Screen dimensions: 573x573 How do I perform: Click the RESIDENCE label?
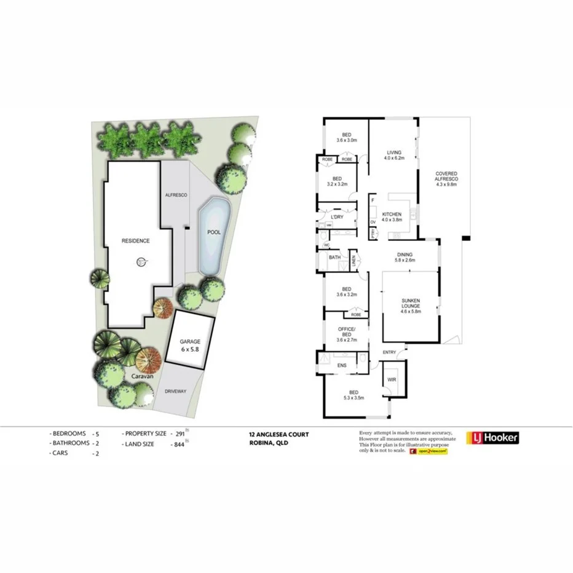click(135, 241)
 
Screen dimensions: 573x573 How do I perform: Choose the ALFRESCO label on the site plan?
click(175, 195)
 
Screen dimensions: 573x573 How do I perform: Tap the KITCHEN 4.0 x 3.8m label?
click(391, 216)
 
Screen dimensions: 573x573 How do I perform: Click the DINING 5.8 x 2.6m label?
click(405, 257)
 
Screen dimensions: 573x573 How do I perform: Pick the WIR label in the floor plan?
click(392, 380)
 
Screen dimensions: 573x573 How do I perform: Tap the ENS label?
click(342, 366)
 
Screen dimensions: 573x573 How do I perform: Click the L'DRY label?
click(336, 218)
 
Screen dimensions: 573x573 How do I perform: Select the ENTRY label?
click(389, 352)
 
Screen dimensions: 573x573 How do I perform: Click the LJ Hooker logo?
click(492, 438)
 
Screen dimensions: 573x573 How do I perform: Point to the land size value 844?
click(179, 445)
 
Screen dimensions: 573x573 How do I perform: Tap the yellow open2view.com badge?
click(432, 451)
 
